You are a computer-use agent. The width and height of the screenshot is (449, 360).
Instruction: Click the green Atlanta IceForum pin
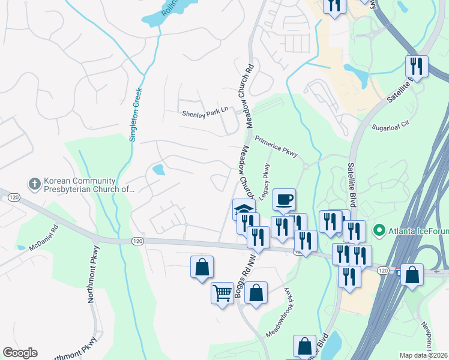pyautogui.click(x=379, y=229)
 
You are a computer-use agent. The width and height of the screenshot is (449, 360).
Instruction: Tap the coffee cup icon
pyautogui.click(x=284, y=199)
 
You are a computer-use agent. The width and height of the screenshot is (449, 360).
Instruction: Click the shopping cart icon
pyautogui.click(x=221, y=293)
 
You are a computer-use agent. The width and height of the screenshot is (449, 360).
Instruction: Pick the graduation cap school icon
pyautogui.click(x=243, y=209)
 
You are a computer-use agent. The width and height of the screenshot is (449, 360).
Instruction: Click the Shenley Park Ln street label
pyautogui.click(x=206, y=112)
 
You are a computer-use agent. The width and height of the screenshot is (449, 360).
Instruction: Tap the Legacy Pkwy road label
pyautogui.click(x=264, y=181)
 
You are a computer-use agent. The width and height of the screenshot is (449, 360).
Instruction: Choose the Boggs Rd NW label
pyautogui.click(x=244, y=275)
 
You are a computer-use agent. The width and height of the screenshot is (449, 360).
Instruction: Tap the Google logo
pyautogui.click(x=20, y=353)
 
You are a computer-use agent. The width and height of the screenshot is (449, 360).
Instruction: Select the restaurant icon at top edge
pyautogui.click(x=335, y=5)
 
